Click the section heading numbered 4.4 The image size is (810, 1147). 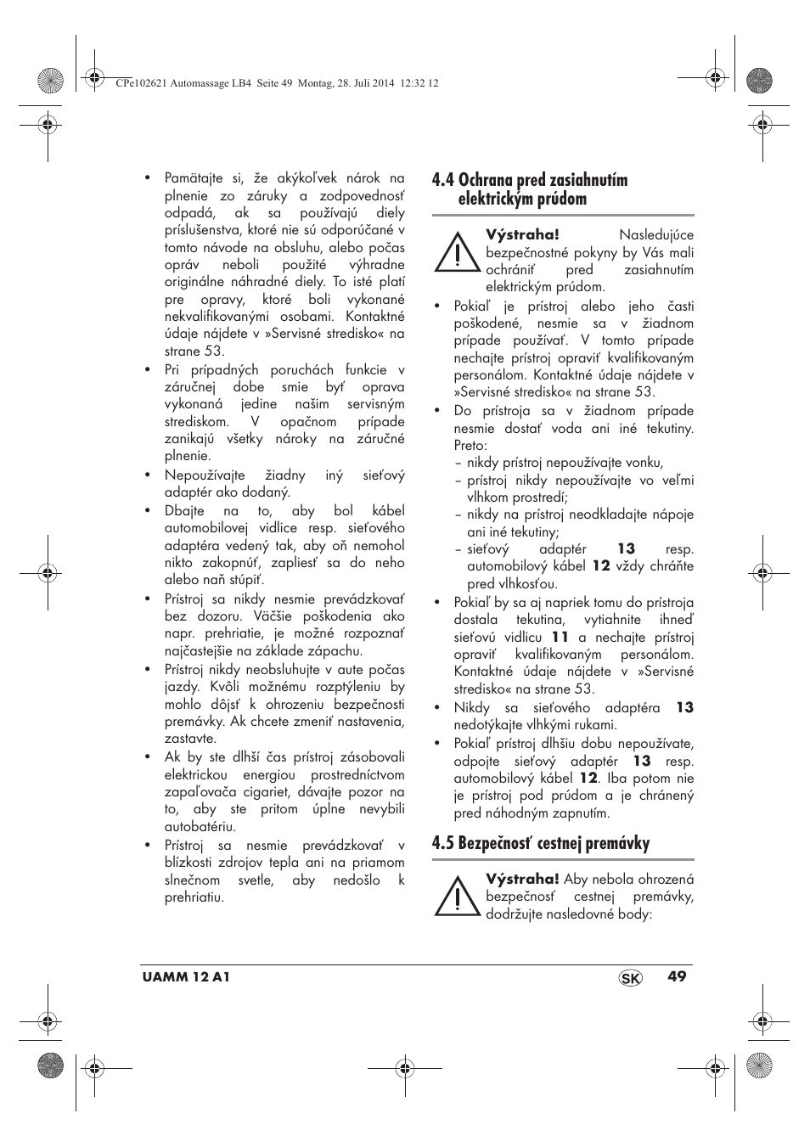[x=530, y=189]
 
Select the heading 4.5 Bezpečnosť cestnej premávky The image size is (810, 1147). [x=540, y=843]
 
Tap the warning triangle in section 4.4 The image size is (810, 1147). [x=456, y=252]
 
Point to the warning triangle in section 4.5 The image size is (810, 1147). [x=456, y=896]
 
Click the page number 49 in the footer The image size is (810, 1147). [x=676, y=976]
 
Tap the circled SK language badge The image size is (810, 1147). [x=631, y=978]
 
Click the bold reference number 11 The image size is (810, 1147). [x=560, y=637]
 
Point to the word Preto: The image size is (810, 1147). [x=470, y=445]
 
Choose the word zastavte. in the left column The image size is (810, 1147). [x=191, y=739]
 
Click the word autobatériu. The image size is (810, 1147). [x=200, y=826]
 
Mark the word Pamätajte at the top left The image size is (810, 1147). [x=194, y=178]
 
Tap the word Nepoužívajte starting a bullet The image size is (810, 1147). [x=205, y=475]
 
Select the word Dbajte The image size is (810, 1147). [x=184, y=511]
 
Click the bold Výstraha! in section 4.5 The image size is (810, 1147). [x=522, y=879]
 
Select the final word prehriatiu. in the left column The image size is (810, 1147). [x=194, y=897]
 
